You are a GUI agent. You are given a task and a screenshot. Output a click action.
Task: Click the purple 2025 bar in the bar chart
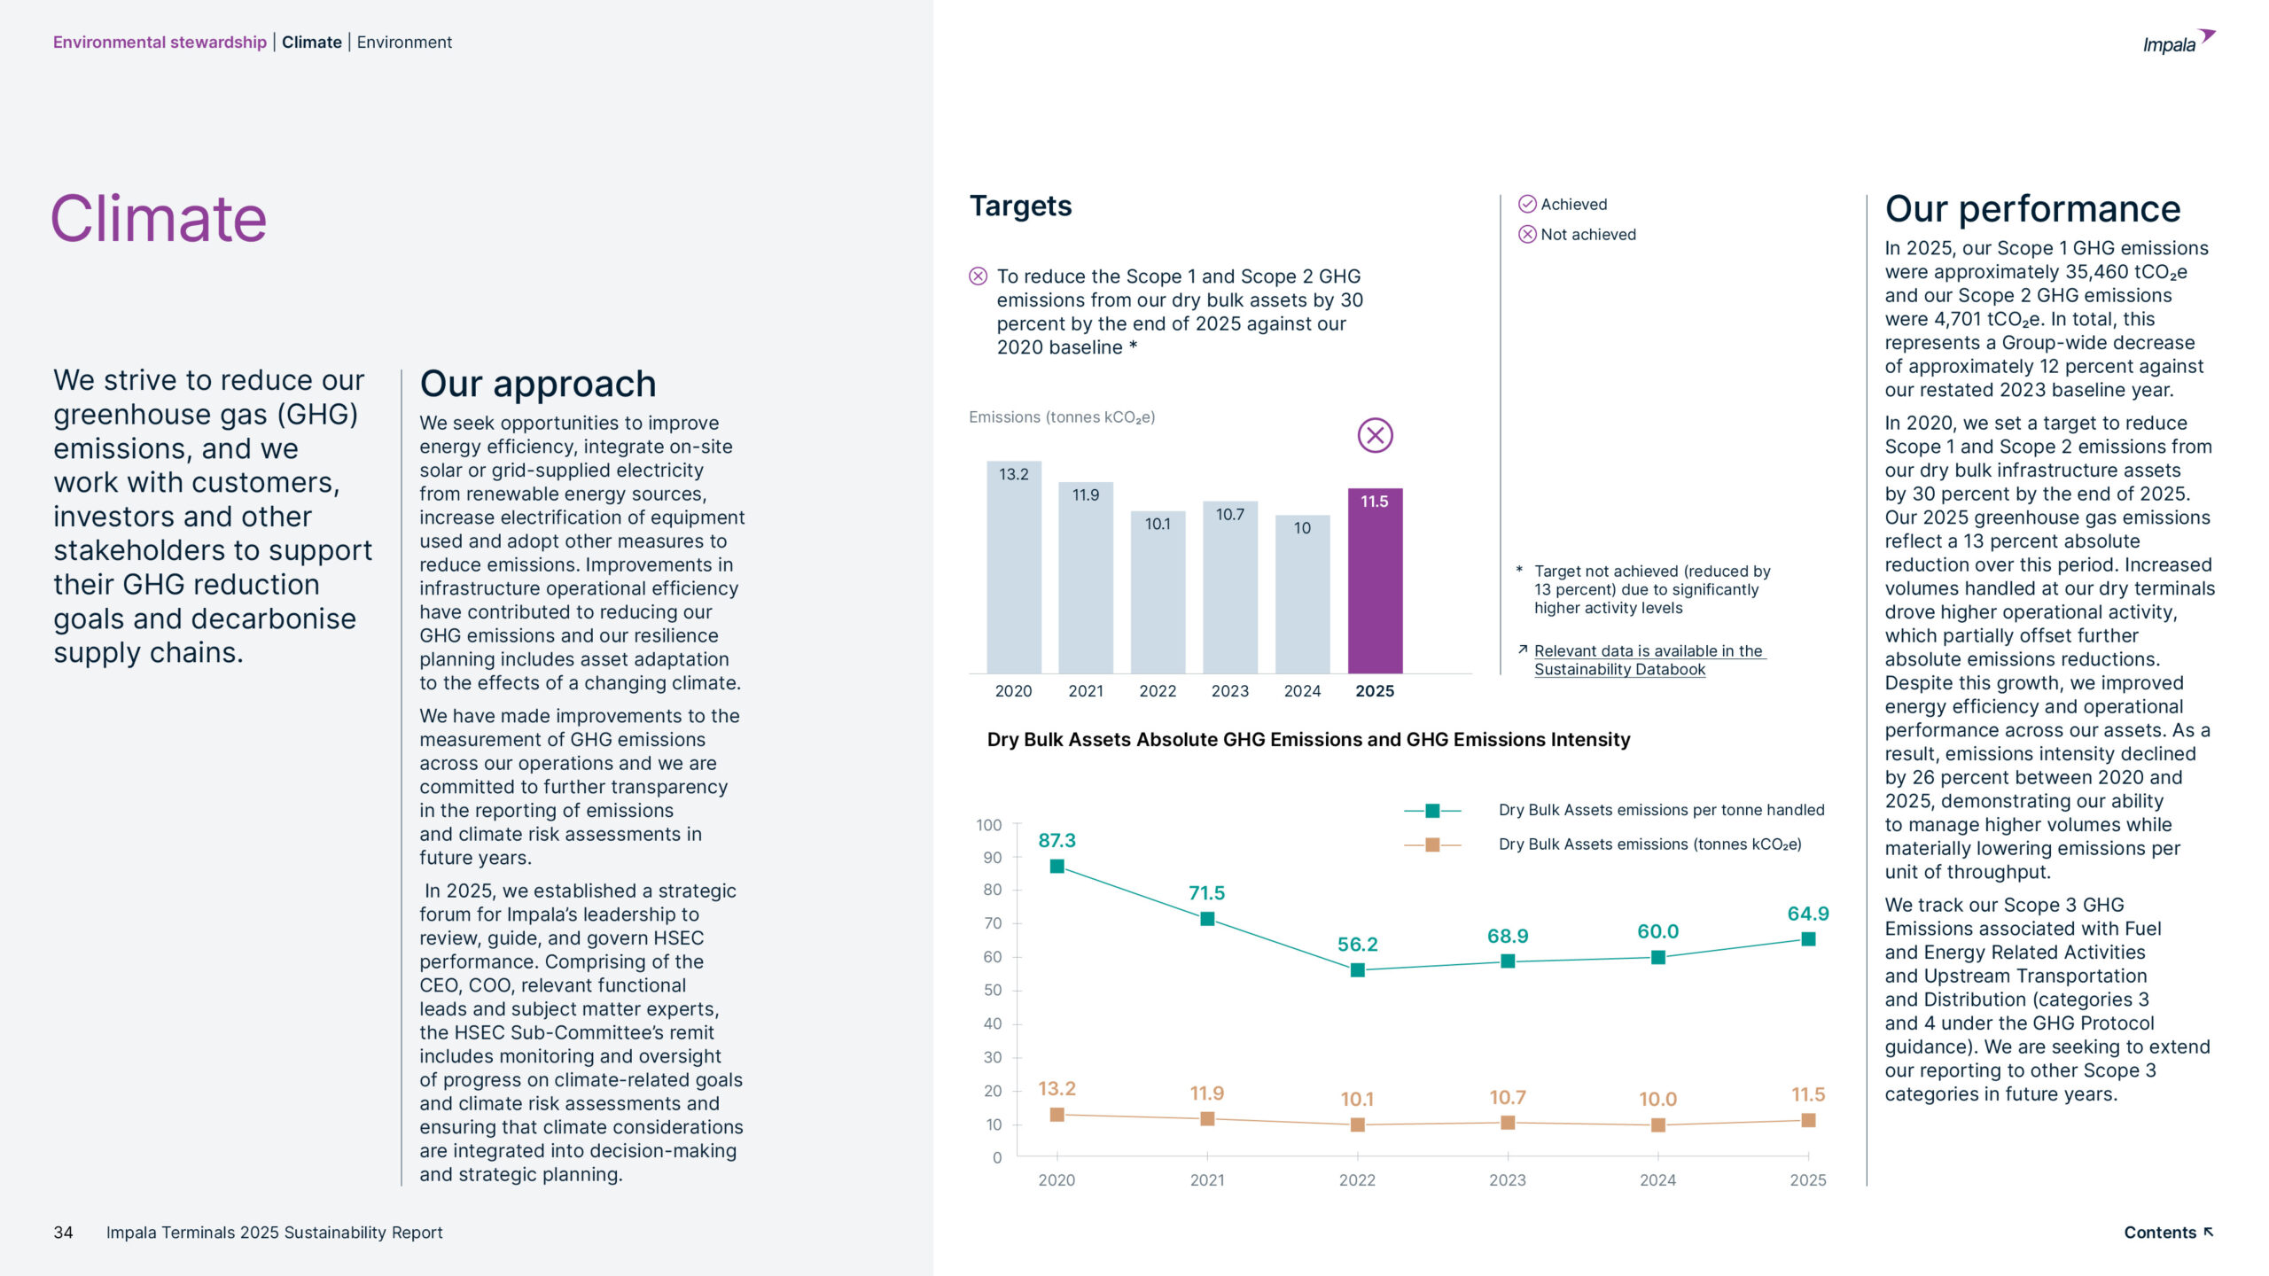tap(1375, 580)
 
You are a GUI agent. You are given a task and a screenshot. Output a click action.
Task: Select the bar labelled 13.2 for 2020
tap(1013, 567)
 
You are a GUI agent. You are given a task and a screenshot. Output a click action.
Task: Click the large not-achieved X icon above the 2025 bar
tap(1375, 435)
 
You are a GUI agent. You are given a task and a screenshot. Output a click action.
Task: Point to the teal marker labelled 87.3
tap(1057, 867)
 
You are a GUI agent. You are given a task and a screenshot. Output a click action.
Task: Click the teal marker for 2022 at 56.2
tap(1357, 970)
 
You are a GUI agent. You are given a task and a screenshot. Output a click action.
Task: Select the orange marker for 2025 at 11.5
tap(1808, 1121)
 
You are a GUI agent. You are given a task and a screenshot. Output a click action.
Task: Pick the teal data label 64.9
tap(1807, 914)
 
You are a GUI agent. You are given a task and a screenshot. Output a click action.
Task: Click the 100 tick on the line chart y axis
tap(988, 825)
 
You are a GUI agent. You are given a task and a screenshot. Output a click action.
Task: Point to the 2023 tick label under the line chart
tap(1507, 1180)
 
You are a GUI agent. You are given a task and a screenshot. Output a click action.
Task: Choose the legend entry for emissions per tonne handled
tap(1661, 810)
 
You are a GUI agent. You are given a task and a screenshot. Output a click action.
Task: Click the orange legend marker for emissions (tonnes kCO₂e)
tap(1432, 844)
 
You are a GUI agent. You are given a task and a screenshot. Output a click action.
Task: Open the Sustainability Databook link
tap(1649, 660)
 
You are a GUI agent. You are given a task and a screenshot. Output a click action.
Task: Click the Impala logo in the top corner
tap(2178, 42)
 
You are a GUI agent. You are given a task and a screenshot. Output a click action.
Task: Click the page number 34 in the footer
tap(63, 1233)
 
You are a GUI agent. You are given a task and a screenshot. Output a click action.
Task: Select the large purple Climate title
tap(159, 218)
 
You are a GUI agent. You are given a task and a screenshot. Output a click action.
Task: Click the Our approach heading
tap(538, 384)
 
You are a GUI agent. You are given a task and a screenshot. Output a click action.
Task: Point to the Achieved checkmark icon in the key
tap(1527, 205)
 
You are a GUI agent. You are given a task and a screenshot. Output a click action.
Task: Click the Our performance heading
tap(2032, 209)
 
